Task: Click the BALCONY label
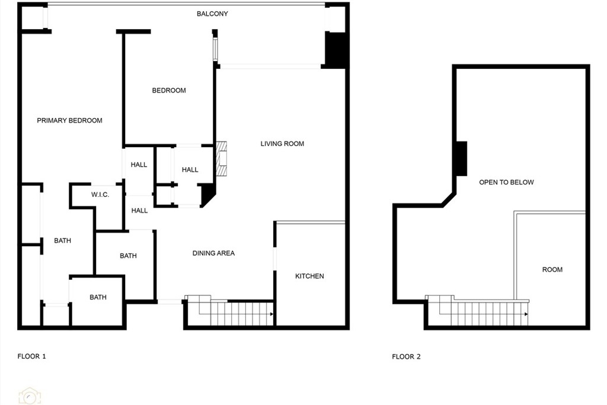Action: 212,14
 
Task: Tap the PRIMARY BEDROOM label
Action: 70,120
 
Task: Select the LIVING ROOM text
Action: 282,143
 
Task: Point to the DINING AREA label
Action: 213,253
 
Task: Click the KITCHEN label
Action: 309,276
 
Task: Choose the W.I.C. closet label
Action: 100,194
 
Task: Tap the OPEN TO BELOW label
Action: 506,183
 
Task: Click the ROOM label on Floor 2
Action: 552,269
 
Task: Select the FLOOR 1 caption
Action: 32,356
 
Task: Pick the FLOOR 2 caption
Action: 406,356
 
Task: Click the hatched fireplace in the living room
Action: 222,159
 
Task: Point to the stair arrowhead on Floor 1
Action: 271,314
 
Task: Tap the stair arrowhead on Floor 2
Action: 526,314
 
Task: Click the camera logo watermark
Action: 30,396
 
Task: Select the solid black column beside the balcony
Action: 335,50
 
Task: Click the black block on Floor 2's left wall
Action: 461,159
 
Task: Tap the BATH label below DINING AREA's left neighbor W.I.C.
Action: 128,256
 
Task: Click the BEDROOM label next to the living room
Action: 169,91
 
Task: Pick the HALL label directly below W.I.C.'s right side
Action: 139,211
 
